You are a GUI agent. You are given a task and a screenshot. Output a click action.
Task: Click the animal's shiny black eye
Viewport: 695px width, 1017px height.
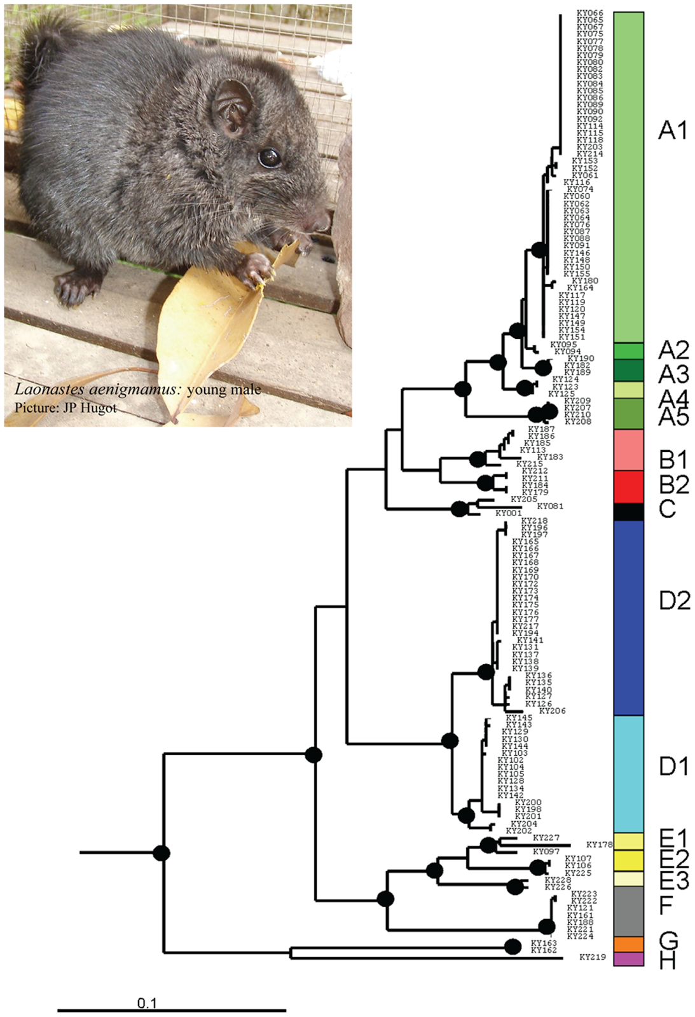(x=270, y=157)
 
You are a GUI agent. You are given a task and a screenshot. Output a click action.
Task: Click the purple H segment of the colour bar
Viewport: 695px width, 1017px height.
(x=628, y=959)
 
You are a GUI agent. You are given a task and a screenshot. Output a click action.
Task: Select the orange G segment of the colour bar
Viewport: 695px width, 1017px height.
(x=628, y=944)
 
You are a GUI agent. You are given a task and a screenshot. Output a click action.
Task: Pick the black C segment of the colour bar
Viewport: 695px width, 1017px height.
(x=628, y=512)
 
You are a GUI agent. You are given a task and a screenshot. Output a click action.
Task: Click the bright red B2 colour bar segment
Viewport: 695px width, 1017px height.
(x=628, y=487)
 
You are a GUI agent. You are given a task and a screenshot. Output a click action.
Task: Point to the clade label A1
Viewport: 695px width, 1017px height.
(x=673, y=131)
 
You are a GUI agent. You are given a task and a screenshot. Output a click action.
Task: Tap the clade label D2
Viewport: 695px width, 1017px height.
(x=674, y=600)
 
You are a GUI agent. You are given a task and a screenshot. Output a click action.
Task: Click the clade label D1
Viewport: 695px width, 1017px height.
(x=674, y=767)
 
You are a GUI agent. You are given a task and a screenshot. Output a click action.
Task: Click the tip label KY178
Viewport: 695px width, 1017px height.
(x=599, y=845)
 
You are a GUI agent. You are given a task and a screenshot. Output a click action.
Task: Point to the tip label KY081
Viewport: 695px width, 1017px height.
(x=550, y=507)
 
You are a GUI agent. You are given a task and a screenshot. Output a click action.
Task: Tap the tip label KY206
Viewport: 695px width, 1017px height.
(x=552, y=711)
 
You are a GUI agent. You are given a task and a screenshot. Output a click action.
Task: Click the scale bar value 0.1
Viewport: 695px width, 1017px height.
(x=146, y=1004)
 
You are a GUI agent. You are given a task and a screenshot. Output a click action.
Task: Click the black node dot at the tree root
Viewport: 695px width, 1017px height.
(x=162, y=853)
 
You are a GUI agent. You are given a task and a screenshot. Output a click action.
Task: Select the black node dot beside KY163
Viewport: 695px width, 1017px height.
(x=513, y=946)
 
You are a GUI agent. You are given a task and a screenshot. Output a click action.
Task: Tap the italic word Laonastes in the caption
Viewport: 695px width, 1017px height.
(x=45, y=390)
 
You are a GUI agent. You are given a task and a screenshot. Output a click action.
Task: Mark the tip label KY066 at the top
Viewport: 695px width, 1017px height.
(x=589, y=13)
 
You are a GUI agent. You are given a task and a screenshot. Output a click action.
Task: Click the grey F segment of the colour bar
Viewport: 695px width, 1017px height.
(x=628, y=911)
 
